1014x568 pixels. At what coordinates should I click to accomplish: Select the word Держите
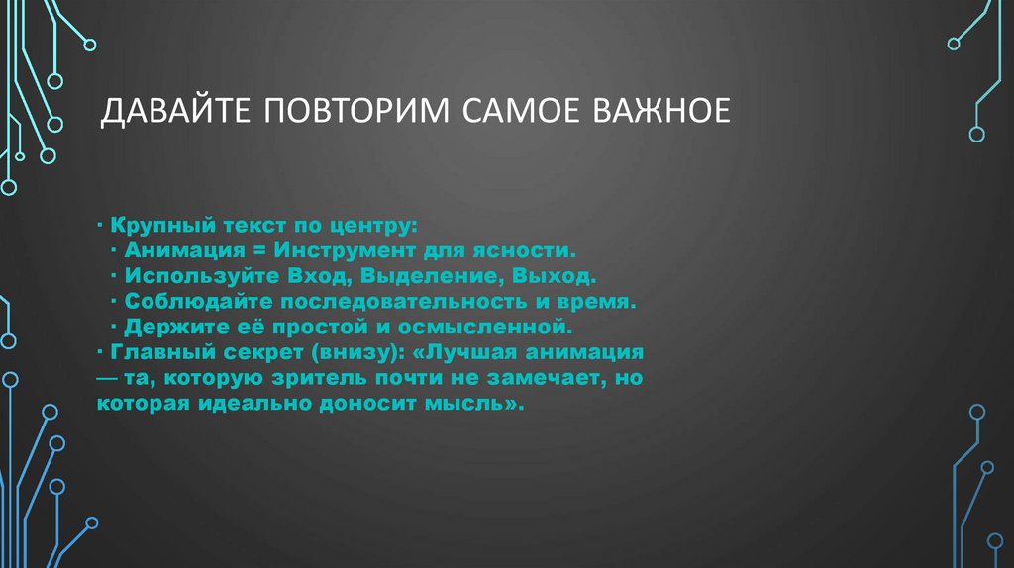click(169, 326)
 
